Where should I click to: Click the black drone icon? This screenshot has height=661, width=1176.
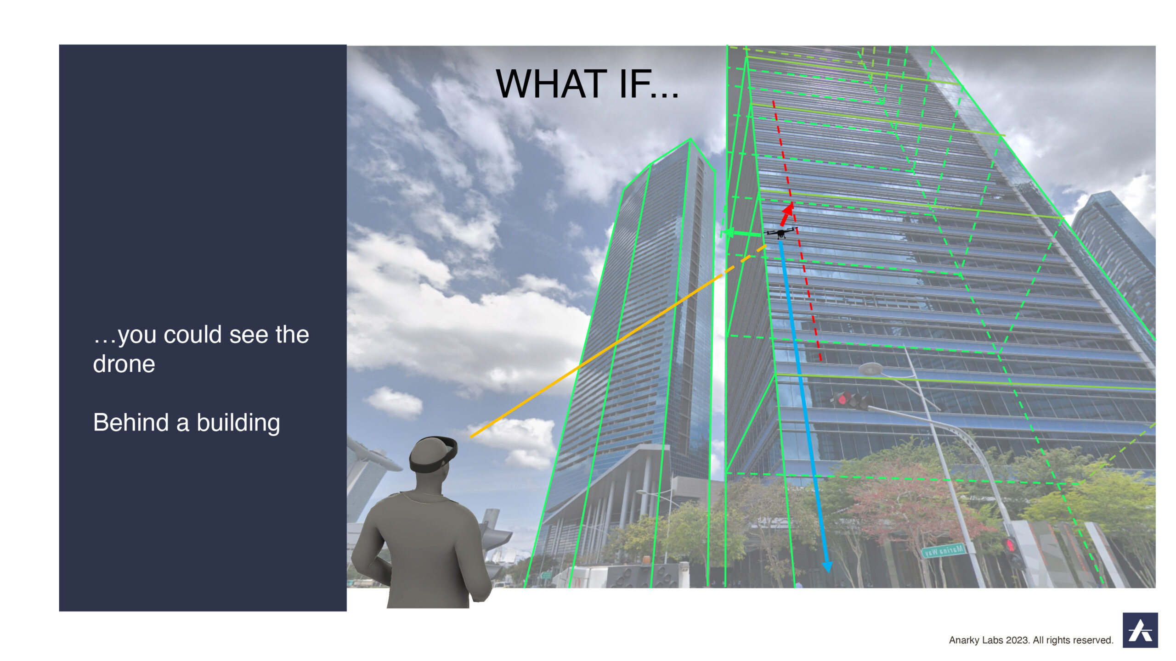780,232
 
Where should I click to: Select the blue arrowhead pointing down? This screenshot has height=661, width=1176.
827,566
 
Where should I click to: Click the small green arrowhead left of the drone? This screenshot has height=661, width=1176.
727,233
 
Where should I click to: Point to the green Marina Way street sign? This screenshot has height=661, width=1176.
943,549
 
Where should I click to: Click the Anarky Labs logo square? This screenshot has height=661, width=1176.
1140,630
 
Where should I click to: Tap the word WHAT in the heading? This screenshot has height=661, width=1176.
552,84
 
